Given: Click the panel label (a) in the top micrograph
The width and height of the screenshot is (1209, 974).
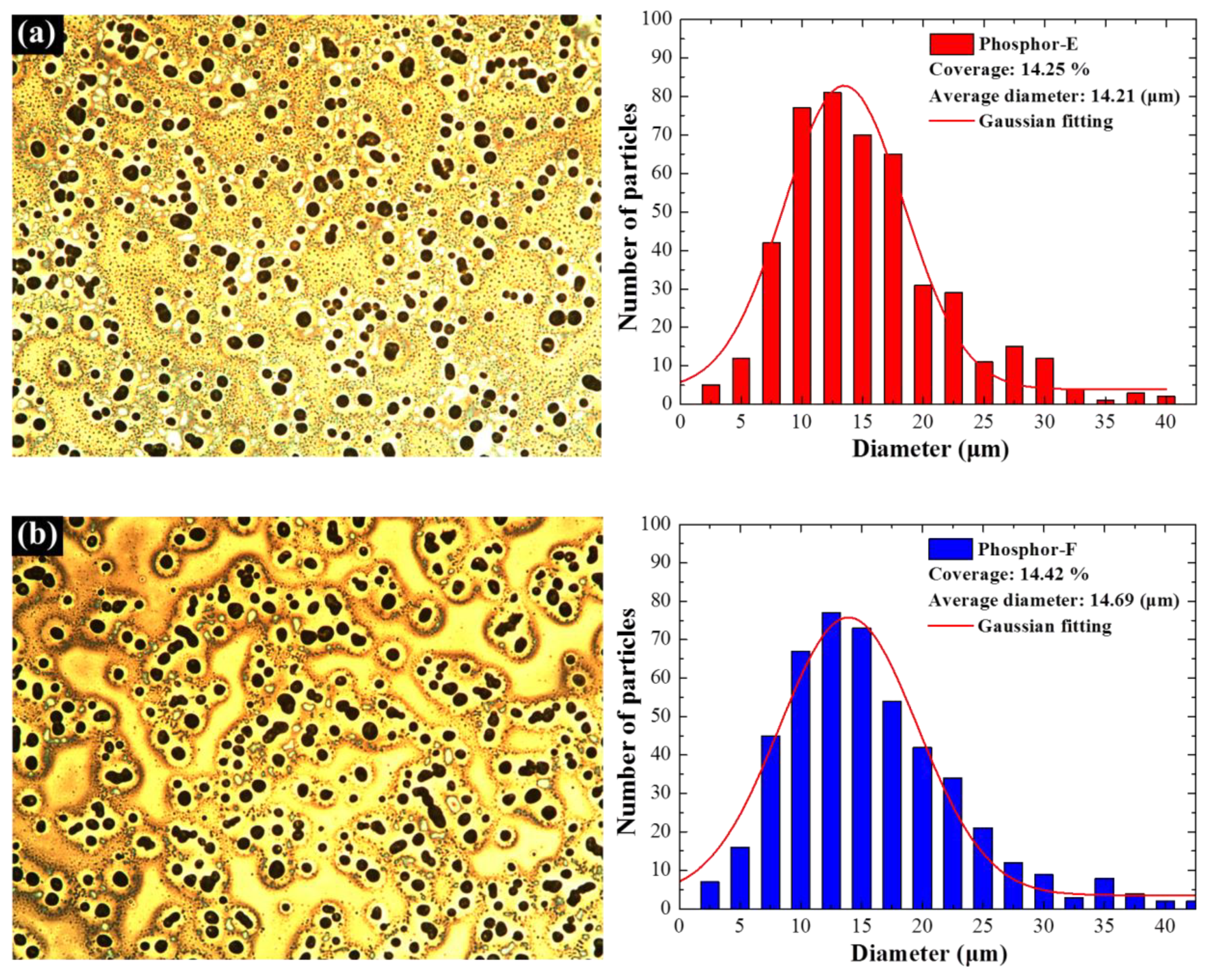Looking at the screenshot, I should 37,34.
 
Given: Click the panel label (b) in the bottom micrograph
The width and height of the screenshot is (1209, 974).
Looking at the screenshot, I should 37,536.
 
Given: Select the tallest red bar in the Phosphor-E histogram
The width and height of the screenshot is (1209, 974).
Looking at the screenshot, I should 832,247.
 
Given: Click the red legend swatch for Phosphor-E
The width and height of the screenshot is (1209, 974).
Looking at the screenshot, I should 951,44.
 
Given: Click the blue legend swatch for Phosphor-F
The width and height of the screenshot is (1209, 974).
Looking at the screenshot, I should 950,549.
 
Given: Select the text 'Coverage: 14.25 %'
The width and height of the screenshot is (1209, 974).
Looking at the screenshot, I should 1009,70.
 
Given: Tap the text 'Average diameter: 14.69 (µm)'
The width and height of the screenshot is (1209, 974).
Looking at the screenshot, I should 1053,600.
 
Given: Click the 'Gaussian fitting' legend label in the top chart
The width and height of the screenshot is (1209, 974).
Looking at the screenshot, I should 1046,121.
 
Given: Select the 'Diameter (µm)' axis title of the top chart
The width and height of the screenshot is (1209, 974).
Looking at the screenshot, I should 930,449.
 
